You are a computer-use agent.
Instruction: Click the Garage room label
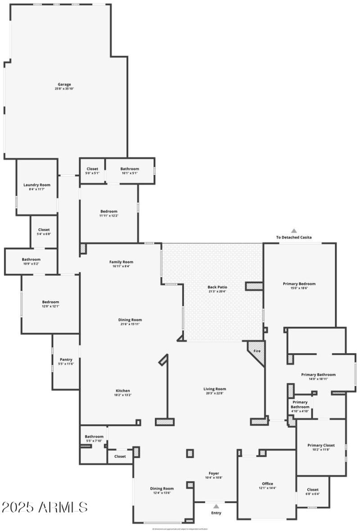pyautogui.click(x=64, y=84)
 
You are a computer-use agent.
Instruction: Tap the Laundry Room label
pyautogui.click(x=37, y=185)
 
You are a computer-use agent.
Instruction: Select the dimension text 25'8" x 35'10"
pyautogui.click(x=64, y=89)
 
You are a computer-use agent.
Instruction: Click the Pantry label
pyautogui.click(x=66, y=359)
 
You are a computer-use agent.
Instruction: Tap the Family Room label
pyautogui.click(x=121, y=262)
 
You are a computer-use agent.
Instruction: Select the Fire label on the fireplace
pyautogui.click(x=257, y=351)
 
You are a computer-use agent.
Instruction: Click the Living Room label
pyautogui.click(x=215, y=389)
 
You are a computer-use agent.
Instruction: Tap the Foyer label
pyautogui.click(x=214, y=473)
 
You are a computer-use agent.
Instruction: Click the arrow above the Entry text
pyautogui.click(x=216, y=506)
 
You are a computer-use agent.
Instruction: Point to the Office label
pyautogui.click(x=268, y=484)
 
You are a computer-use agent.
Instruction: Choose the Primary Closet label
pyautogui.click(x=321, y=445)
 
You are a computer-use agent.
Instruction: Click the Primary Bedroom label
pyautogui.click(x=299, y=284)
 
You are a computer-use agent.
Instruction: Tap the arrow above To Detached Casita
pyautogui.click(x=294, y=231)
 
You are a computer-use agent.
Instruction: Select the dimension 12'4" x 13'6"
pyautogui.click(x=162, y=493)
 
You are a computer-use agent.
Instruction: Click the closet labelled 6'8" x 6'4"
pyautogui.click(x=313, y=491)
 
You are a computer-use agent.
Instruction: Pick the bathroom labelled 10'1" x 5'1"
pyautogui.click(x=130, y=170)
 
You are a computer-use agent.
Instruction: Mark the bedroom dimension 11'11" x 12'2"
pyautogui.click(x=109, y=215)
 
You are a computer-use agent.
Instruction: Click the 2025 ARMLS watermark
pyautogui.click(x=45, y=507)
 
